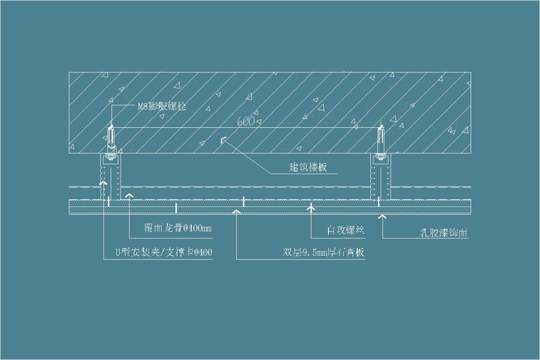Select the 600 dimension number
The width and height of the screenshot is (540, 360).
pyautogui.click(x=246, y=121)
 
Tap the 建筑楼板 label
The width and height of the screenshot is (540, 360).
pyautogui.click(x=308, y=167)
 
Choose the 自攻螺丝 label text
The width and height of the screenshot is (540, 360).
pyautogui.click(x=345, y=231)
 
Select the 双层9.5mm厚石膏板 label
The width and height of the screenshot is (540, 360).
pyautogui.click(x=324, y=252)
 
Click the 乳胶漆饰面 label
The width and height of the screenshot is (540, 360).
pyautogui.click(x=442, y=233)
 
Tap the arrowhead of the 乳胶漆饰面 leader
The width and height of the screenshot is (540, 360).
pyautogui.click(x=382, y=217)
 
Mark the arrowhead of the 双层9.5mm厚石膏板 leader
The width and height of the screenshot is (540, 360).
pyautogui.click(x=236, y=210)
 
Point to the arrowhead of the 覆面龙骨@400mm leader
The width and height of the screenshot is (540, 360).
pyautogui.click(x=130, y=194)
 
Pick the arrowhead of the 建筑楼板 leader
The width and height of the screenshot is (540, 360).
pyautogui.click(x=222, y=140)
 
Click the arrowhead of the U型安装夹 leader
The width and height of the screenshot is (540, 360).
pyautogui.click(x=103, y=182)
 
